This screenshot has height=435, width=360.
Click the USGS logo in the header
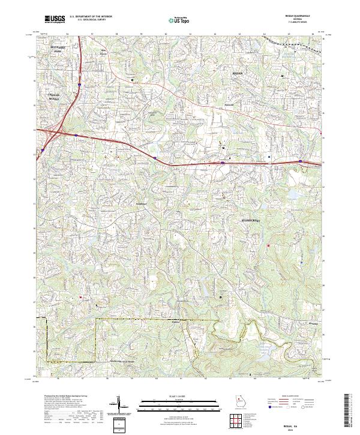[55, 19]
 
